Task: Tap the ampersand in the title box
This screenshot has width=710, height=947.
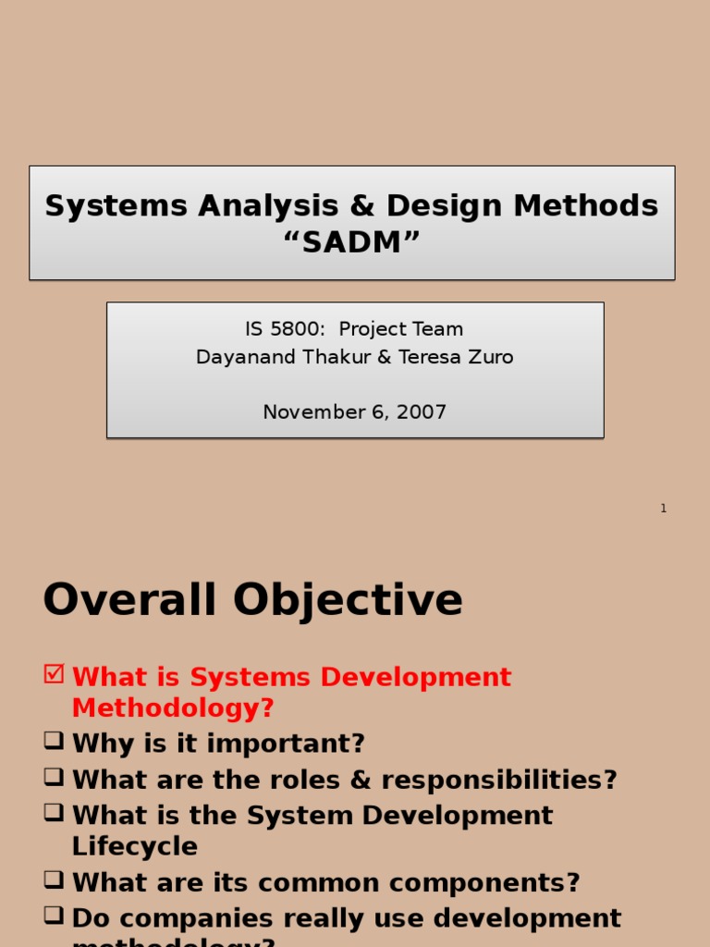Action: click(x=368, y=205)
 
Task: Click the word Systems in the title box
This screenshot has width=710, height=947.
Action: click(x=104, y=205)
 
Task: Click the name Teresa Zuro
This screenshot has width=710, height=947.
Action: click(x=456, y=357)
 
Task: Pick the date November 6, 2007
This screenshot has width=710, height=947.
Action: click(x=355, y=412)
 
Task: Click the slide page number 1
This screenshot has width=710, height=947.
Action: click(x=663, y=509)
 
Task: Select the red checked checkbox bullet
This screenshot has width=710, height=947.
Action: click(x=54, y=674)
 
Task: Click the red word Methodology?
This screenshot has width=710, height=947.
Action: click(x=173, y=708)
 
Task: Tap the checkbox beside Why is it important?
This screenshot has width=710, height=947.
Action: click(x=54, y=741)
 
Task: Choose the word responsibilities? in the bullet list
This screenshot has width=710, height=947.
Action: click(x=498, y=780)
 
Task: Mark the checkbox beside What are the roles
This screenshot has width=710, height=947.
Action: click(x=54, y=777)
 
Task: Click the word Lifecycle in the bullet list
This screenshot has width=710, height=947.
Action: click(x=135, y=847)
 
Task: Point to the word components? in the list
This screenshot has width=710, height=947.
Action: click(x=488, y=882)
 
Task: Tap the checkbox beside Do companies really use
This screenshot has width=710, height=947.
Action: click(x=54, y=916)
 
